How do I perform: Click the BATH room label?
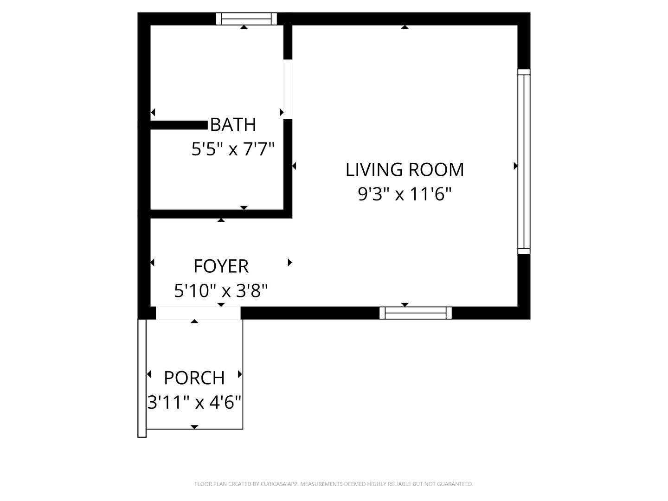pyautogui.click(x=233, y=124)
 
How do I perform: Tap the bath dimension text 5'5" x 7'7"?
pyautogui.click(x=233, y=149)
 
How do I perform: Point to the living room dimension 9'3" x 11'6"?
pyautogui.click(x=405, y=194)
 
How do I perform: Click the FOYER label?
pyautogui.click(x=221, y=266)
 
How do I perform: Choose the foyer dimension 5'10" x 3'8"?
pyautogui.click(x=221, y=290)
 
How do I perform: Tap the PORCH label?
pyautogui.click(x=194, y=378)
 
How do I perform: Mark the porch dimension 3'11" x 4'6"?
pyautogui.click(x=194, y=402)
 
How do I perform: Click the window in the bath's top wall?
pyautogui.click(x=246, y=19)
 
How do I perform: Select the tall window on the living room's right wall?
pyautogui.click(x=524, y=161)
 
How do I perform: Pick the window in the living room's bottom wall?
pyautogui.click(x=415, y=313)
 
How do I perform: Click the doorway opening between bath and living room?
pyautogui.click(x=288, y=89)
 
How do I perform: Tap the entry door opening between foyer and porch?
pyautogui.click(x=198, y=313)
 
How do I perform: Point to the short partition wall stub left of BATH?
pyautogui.click(x=179, y=125)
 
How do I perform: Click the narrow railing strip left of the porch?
pyautogui.click(x=142, y=378)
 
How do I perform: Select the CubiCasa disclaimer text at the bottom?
pyautogui.click(x=334, y=484)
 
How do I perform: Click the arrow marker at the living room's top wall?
pyautogui.click(x=405, y=27)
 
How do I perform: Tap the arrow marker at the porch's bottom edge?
pyautogui.click(x=194, y=427)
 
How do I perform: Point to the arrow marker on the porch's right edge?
pyautogui.click(x=240, y=374)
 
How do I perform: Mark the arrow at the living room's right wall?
pyautogui.click(x=515, y=166)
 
